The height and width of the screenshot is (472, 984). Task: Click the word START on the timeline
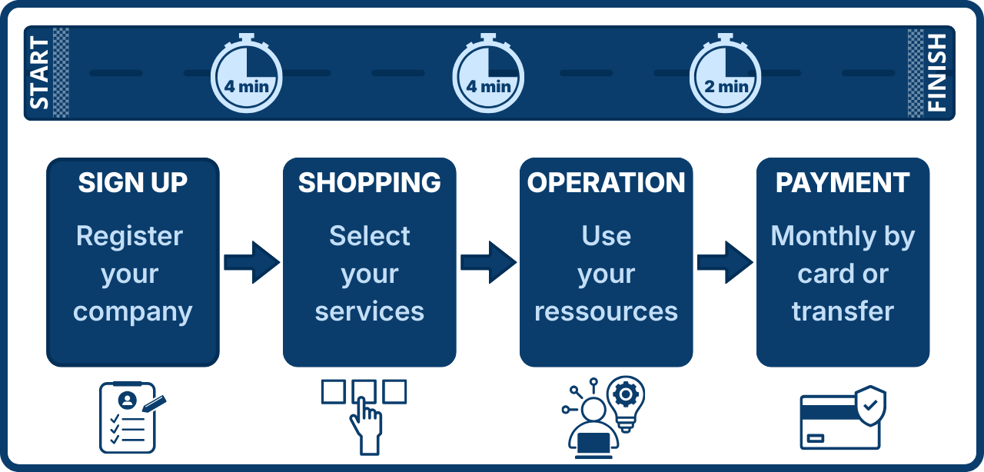39,73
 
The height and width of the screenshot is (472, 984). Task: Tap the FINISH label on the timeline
938,73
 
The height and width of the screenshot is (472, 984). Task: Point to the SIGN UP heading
133,183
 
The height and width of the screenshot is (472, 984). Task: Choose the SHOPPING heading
370,183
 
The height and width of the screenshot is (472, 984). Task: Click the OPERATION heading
607,183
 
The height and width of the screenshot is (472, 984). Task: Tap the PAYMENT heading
843,183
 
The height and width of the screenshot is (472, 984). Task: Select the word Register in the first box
130,236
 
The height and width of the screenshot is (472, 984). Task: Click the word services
370,311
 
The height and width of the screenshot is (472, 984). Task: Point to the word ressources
607,311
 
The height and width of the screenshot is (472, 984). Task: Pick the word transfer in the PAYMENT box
843,311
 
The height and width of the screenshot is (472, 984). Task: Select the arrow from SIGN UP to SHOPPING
251,262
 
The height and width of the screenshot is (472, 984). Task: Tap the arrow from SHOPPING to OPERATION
488,262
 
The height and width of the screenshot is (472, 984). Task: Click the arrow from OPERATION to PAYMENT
725,262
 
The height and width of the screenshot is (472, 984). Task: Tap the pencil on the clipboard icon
154,403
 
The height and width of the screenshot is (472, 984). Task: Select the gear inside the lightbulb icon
626,395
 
